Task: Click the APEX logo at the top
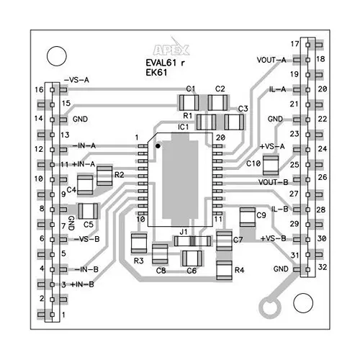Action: pos(173,50)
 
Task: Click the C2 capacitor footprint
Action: pos(220,102)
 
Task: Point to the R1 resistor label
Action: pos(187,115)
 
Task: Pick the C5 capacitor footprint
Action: pos(89,211)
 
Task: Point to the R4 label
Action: pos(239,270)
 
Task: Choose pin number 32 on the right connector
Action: pos(321,267)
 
